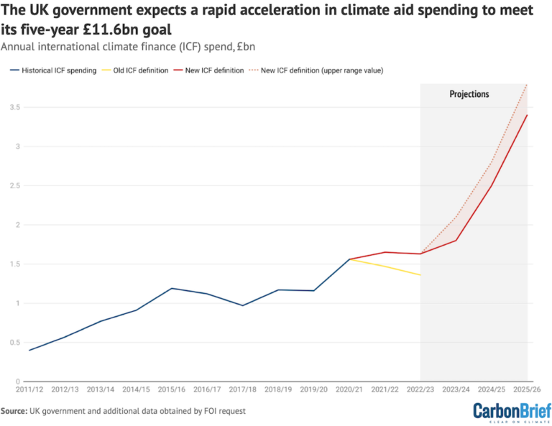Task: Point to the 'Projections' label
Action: coord(469,94)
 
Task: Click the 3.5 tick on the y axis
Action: coord(14,107)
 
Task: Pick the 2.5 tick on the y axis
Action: coord(14,185)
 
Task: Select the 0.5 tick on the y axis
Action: coord(14,342)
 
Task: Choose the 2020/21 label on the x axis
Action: coord(349,389)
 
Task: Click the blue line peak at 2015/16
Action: coord(171,288)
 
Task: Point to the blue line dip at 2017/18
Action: coord(242,305)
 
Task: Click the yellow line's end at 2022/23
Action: coord(420,275)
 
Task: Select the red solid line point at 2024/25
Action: coord(492,185)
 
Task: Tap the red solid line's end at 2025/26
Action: coord(527,115)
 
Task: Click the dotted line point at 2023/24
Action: coord(456,217)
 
